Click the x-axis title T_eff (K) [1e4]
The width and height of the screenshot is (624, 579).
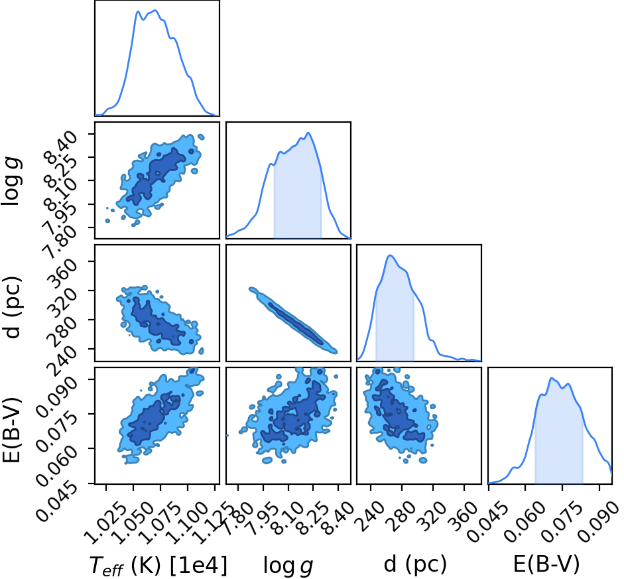click(x=158, y=565)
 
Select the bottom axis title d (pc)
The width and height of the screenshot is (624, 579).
click(x=415, y=564)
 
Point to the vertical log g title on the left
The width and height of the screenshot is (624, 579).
click(x=11, y=181)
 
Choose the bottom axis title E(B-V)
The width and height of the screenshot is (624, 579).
click(x=546, y=564)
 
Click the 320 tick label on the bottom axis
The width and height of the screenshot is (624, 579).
click(x=436, y=517)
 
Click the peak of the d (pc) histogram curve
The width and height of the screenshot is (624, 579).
click(x=390, y=255)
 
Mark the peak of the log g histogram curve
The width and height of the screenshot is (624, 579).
click(x=308, y=133)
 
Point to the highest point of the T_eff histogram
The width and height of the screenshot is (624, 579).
click(x=155, y=11)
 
